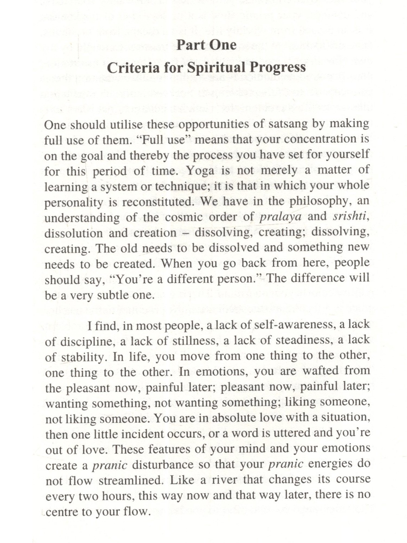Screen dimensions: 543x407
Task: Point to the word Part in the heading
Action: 189,45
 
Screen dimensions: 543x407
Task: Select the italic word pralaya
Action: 280,217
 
